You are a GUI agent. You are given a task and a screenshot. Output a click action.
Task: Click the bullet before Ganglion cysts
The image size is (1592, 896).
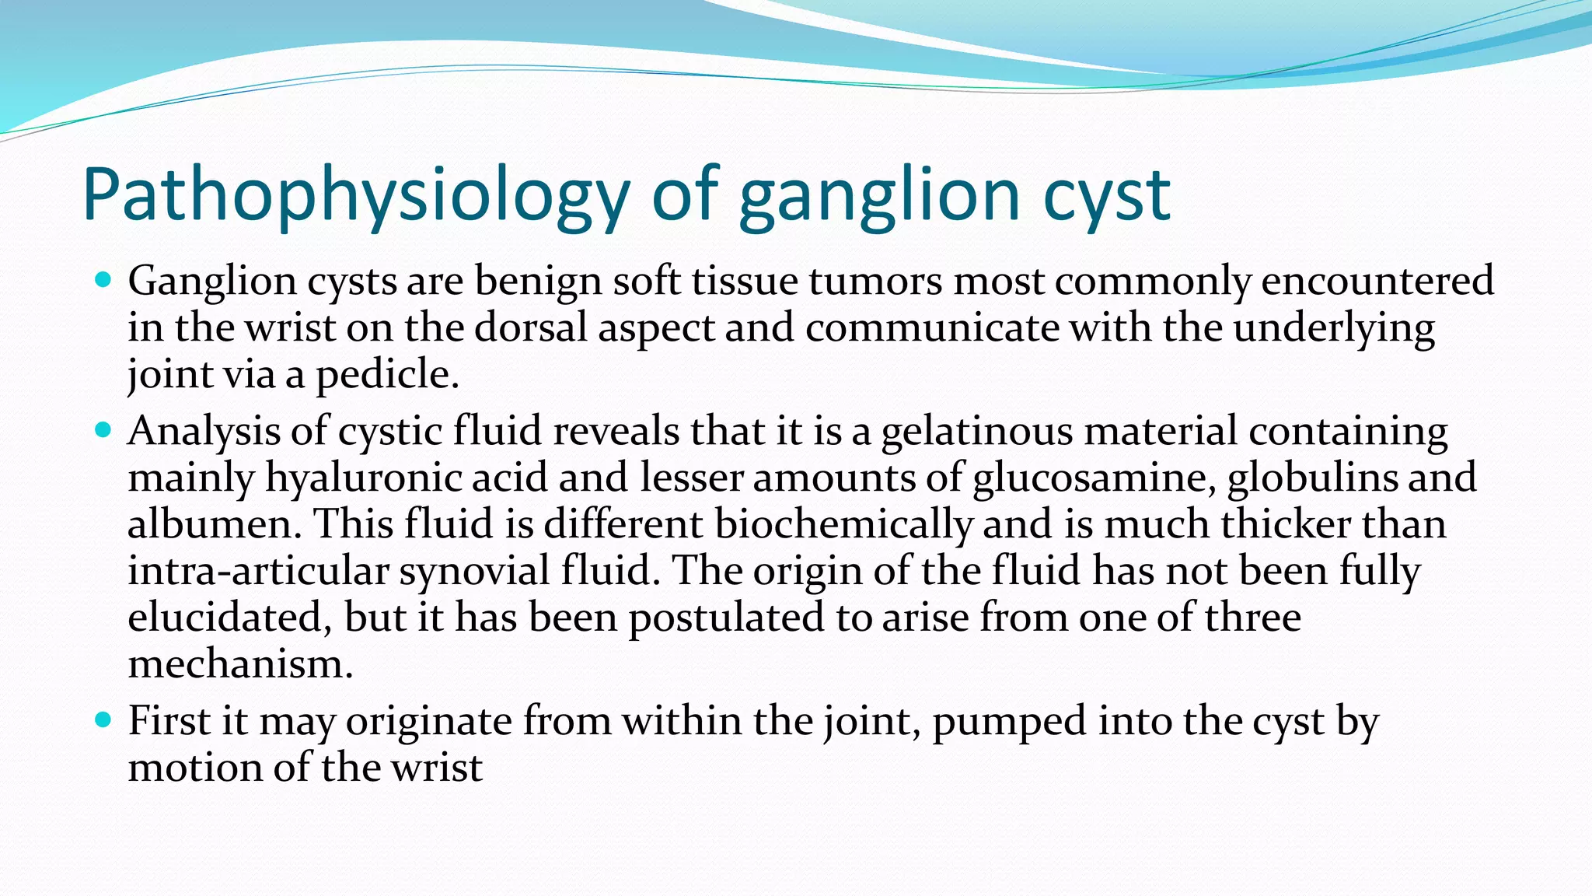[103, 279]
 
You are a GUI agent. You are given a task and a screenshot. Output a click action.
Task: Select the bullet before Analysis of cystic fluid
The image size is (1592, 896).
[103, 429]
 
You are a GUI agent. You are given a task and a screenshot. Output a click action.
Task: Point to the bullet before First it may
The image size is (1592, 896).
[103, 719]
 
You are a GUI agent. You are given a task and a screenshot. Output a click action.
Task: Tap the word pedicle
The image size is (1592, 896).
[386, 375]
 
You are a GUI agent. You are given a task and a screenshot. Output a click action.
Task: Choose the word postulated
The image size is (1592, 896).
[726, 618]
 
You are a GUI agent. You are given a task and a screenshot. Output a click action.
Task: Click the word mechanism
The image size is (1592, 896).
[239, 664]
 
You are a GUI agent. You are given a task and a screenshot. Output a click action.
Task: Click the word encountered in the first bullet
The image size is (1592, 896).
[1377, 281]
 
